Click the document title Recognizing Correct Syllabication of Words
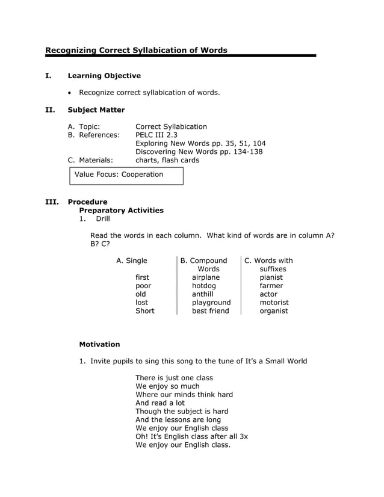[x=136, y=50]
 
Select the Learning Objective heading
[x=104, y=76]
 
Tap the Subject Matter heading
[x=96, y=110]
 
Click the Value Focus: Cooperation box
[x=125, y=175]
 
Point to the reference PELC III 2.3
[x=156, y=135]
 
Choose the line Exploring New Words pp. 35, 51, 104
[x=200, y=143]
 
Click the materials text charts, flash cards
[x=167, y=160]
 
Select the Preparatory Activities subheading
[x=121, y=211]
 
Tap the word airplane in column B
[x=205, y=277]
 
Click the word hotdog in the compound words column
[x=203, y=286]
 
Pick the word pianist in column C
[x=273, y=277]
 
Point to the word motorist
[x=274, y=303]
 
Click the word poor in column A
[x=143, y=286]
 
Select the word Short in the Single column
[x=144, y=311]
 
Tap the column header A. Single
[x=131, y=261]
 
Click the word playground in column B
[x=211, y=303]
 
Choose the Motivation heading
[x=99, y=344]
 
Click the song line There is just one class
[x=174, y=378]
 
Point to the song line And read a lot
[x=159, y=403]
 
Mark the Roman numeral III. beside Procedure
[x=52, y=202]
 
